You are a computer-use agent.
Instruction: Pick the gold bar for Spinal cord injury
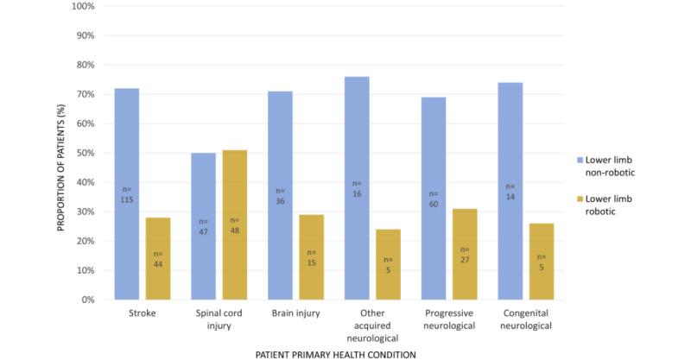pyautogui.click(x=234, y=224)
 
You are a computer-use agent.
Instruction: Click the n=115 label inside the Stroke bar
pyautogui.click(x=125, y=193)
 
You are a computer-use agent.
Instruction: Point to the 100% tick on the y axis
pyautogui.click(x=84, y=6)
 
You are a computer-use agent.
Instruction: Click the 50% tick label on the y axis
pyautogui.click(x=86, y=153)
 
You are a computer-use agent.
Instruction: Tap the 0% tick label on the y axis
pyautogui.click(x=88, y=300)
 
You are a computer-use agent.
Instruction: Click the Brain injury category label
pyautogui.click(x=295, y=313)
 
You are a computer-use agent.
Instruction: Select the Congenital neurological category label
pyautogui.click(x=526, y=319)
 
